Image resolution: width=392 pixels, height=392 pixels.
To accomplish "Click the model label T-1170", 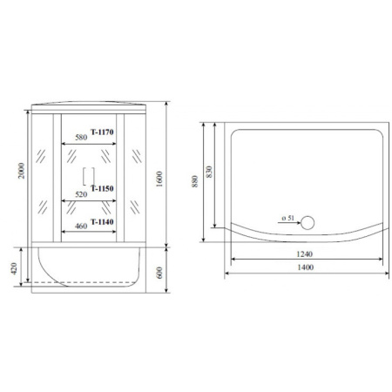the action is pyautogui.click(x=102, y=132).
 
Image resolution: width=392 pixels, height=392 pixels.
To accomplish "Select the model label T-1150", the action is pyautogui.click(x=102, y=189).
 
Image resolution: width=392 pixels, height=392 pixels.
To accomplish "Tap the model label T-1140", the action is pyautogui.click(x=102, y=222).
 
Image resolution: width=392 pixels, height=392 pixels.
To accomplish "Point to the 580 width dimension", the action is pyautogui.click(x=81, y=137).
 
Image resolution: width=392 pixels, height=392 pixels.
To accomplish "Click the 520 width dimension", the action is pyautogui.click(x=81, y=194).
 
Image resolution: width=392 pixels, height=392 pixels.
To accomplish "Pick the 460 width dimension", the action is pyautogui.click(x=81, y=226).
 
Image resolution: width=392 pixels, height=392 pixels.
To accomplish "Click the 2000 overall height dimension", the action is pyautogui.click(x=22, y=171).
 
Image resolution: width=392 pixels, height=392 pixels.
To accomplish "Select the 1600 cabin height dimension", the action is pyautogui.click(x=159, y=179).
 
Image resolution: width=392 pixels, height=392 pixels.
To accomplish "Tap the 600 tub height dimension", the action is pyautogui.click(x=159, y=273).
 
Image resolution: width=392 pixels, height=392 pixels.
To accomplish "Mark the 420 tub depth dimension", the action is pyautogui.click(x=14, y=268).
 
